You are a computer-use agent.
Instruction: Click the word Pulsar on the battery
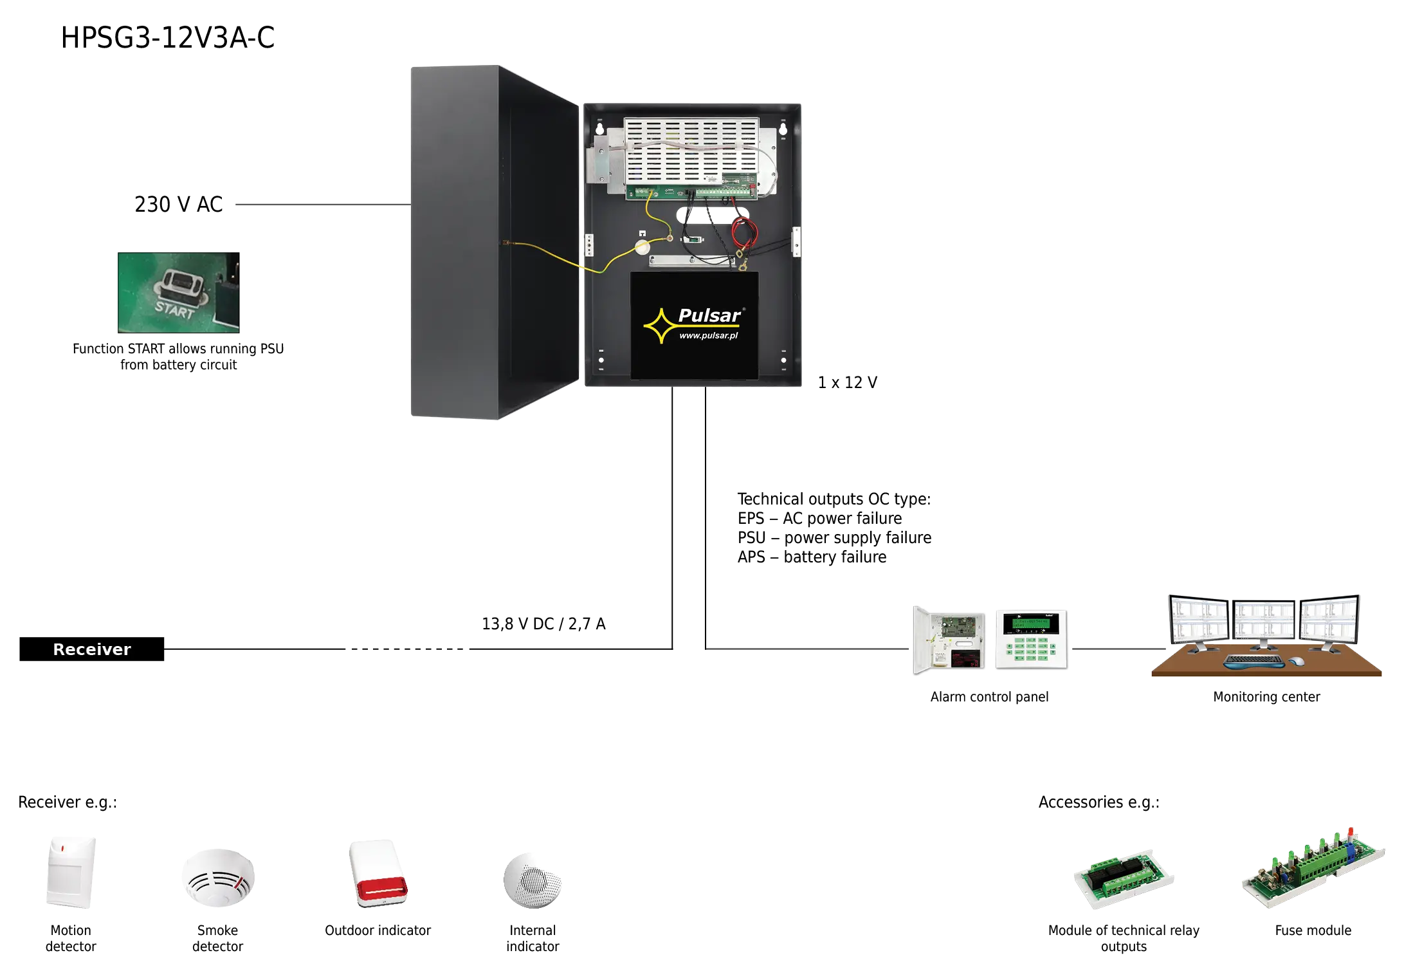(709, 315)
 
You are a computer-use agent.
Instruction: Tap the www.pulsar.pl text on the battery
(708, 335)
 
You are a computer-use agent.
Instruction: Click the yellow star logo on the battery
(660, 326)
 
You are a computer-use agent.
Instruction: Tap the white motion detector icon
(71, 872)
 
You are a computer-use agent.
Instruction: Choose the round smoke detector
(219, 875)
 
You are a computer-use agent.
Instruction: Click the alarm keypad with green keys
(1031, 641)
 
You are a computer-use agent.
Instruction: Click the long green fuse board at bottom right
(1312, 869)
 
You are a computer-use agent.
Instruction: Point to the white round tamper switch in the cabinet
(643, 248)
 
